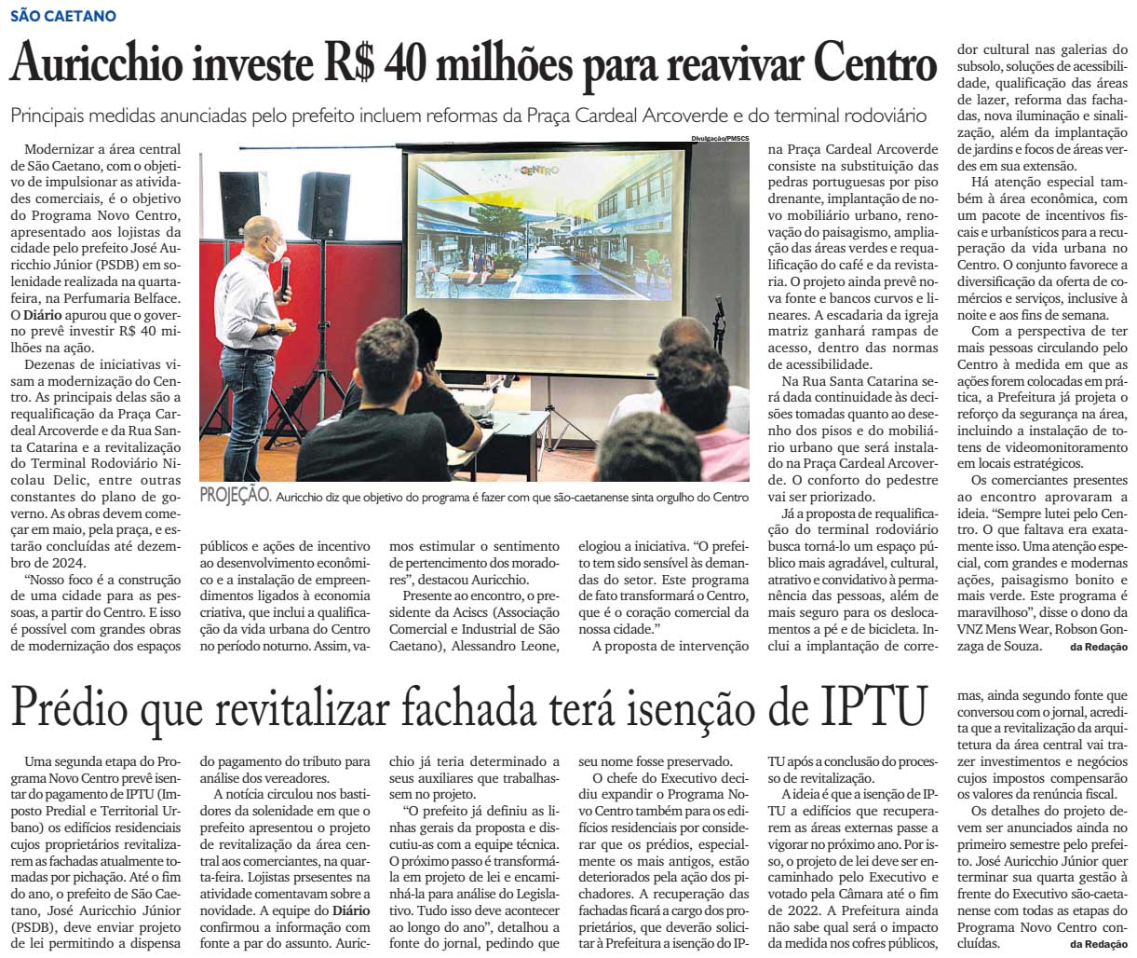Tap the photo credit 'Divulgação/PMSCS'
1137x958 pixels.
coord(720,137)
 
